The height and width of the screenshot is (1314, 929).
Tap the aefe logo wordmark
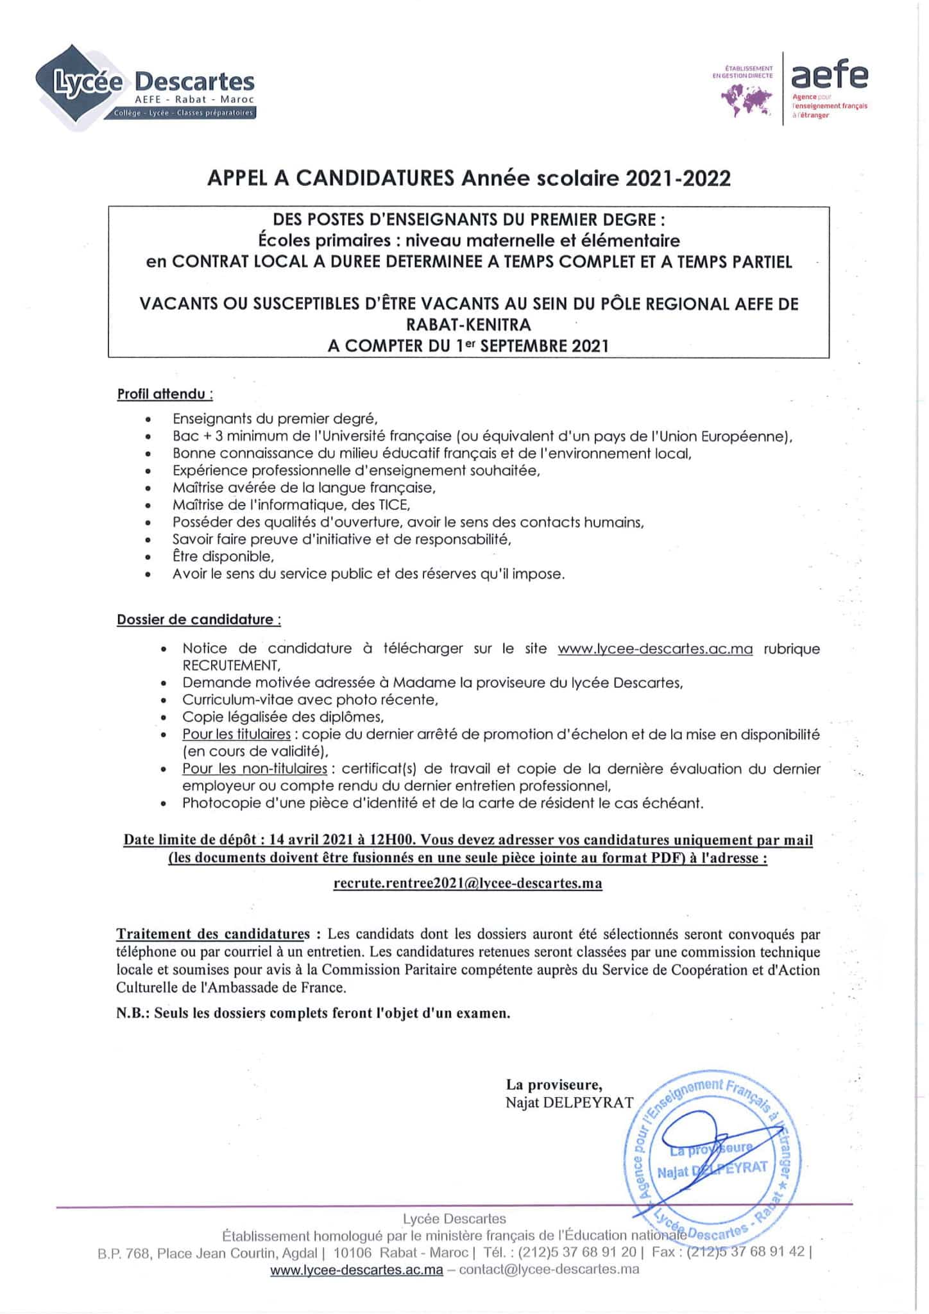point(829,76)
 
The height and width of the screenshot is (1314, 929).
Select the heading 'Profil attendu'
point(164,394)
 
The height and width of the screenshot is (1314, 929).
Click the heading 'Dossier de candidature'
point(198,620)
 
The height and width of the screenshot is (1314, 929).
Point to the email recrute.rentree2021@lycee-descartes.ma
point(468,883)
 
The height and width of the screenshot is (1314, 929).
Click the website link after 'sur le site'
point(655,649)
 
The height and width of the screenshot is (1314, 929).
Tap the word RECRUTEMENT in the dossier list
point(231,665)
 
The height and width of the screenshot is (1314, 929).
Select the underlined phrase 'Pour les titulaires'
point(236,734)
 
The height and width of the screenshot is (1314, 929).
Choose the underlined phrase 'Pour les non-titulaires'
point(255,769)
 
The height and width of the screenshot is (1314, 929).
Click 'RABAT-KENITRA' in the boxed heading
point(468,324)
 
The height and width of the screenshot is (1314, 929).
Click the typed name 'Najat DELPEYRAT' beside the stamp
point(569,1103)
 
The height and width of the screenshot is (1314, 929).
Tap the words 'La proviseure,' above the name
point(554,1085)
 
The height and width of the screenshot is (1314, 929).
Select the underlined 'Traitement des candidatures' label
point(213,934)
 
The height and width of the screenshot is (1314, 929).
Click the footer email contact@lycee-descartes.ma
point(549,1269)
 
